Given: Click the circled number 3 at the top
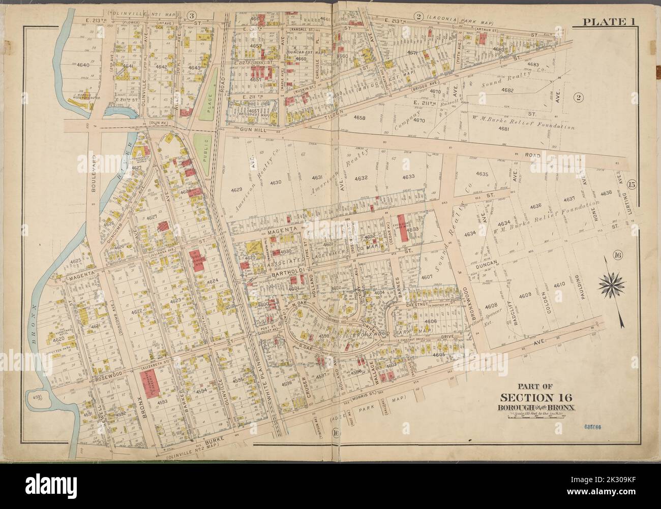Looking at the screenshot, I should (x=191, y=15).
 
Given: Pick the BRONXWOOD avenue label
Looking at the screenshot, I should (x=464, y=305).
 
